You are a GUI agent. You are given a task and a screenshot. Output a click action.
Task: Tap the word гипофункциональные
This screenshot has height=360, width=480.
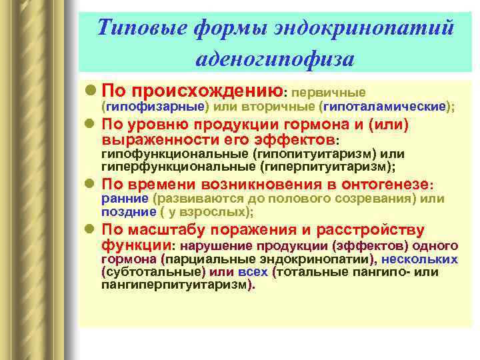point(174,155)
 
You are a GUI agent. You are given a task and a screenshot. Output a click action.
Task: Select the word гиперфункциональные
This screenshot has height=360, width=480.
point(178,166)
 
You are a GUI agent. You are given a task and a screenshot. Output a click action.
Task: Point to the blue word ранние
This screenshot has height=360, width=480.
point(124,199)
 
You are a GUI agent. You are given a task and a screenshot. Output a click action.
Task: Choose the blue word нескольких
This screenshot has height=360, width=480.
point(419,259)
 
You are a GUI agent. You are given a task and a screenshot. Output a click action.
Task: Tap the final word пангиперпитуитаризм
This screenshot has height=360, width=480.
point(175,284)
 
